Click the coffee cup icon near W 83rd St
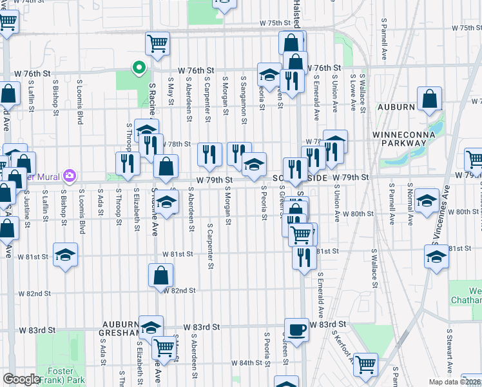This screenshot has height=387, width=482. (296, 328)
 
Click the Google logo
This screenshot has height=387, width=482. (21, 379)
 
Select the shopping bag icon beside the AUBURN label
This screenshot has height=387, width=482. (429, 99)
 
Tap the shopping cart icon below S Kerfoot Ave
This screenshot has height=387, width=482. (366, 364)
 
